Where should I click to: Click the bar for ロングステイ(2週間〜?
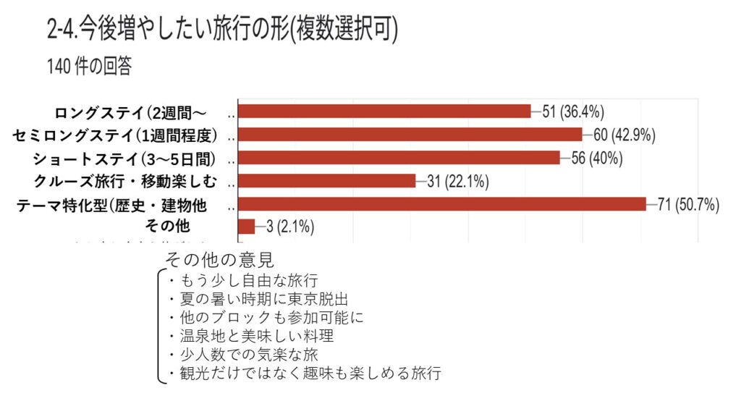[384, 111]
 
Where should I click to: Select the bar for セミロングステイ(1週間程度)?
[410, 134]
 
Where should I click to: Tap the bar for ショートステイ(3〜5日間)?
[399, 157]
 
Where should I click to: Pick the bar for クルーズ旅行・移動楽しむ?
[326, 180]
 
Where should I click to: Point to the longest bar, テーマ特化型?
[441, 204]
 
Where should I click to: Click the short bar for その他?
[246, 227]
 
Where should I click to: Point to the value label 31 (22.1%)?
[457, 181]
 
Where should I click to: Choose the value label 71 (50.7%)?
[687, 204]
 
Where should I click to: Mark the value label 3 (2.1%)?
[289, 227]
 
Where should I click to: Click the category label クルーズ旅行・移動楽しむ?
[124, 181]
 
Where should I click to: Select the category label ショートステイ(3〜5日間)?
[125, 158]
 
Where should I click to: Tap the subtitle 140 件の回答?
[89, 67]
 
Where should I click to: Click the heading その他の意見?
[219, 259]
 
